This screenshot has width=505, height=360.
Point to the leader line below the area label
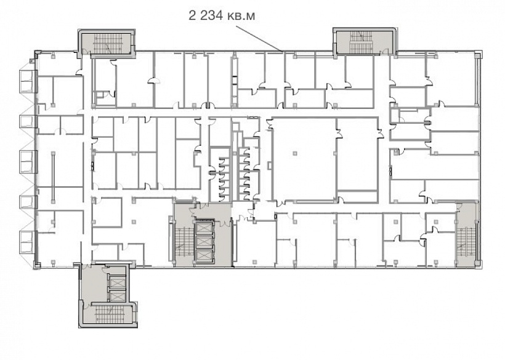259,38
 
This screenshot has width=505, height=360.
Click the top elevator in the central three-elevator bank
204,228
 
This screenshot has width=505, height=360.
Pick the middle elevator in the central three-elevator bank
204,242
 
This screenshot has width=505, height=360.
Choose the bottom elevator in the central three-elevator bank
204,256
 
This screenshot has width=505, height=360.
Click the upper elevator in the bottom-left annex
117,283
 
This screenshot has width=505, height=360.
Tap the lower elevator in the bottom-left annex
117,296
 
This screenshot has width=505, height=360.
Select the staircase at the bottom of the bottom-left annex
110,314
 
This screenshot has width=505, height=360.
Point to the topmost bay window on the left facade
27,81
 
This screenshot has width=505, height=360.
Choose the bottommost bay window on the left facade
27,241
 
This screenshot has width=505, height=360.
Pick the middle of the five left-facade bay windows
27,161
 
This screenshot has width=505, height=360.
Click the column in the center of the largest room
294,153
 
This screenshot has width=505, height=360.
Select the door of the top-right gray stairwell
385,52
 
